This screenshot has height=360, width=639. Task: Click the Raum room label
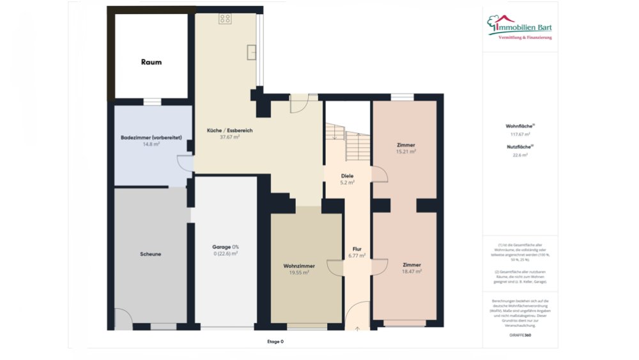click(x=151, y=63)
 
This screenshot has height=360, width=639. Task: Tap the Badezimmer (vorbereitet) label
click(x=151, y=137)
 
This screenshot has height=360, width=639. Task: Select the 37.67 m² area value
click(x=229, y=137)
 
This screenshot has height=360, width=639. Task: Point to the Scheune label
click(x=150, y=254)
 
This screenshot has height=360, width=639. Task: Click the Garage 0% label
click(x=226, y=247)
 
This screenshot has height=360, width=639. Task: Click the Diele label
click(x=347, y=176)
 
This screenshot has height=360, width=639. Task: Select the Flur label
click(x=357, y=249)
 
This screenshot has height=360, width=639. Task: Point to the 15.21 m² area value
click(x=406, y=152)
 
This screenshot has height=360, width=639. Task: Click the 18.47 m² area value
click(x=412, y=271)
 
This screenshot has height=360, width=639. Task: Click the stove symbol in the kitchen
click(x=225, y=19)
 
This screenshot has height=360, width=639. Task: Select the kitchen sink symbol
click(x=252, y=52)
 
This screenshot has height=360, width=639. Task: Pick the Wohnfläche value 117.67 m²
click(x=520, y=134)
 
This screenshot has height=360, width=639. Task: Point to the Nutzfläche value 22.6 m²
click(x=520, y=155)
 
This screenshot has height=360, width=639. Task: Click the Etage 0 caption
click(x=275, y=341)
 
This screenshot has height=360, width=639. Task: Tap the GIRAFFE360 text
click(x=520, y=334)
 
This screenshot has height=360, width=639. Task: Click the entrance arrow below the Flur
click(x=357, y=328)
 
